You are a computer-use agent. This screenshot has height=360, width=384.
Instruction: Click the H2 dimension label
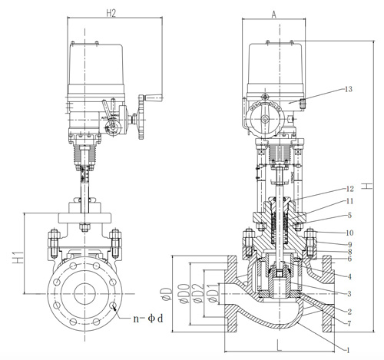pos(111,12)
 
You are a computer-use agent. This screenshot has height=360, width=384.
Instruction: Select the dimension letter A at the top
pos(274,13)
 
